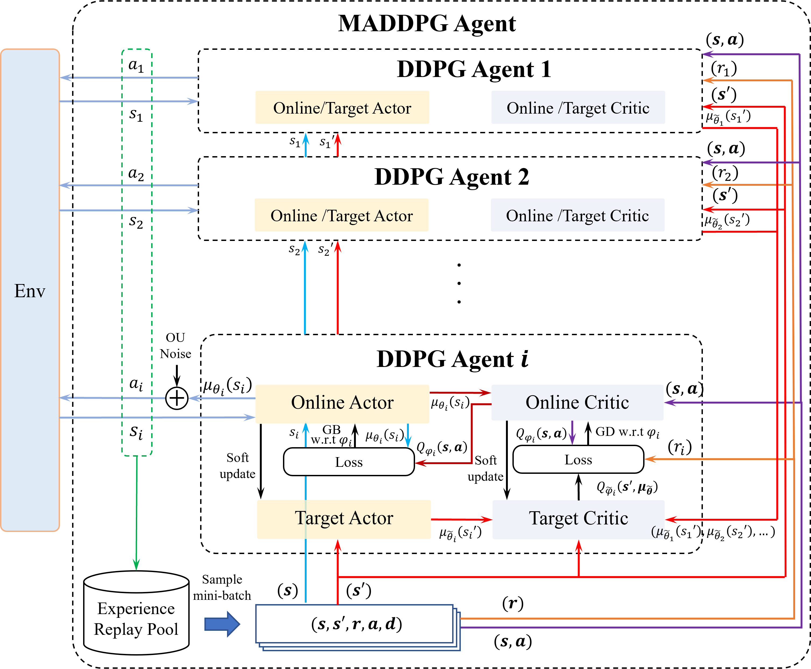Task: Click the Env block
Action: pos(30,290)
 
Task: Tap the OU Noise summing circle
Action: pos(177,398)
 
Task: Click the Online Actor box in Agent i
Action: pos(342,404)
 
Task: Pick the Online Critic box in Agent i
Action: pos(577,402)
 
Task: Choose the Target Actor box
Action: pos(344,519)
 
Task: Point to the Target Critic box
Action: pos(578,519)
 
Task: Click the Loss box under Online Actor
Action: pos(349,462)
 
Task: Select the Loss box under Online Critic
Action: pos(578,459)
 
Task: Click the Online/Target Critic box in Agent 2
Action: pos(578,215)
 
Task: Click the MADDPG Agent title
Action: pos(427,24)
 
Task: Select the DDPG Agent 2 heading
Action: pos(452,177)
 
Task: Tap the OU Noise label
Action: pos(176,346)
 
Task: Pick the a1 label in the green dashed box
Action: pos(136,65)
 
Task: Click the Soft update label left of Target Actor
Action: pos(238,465)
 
